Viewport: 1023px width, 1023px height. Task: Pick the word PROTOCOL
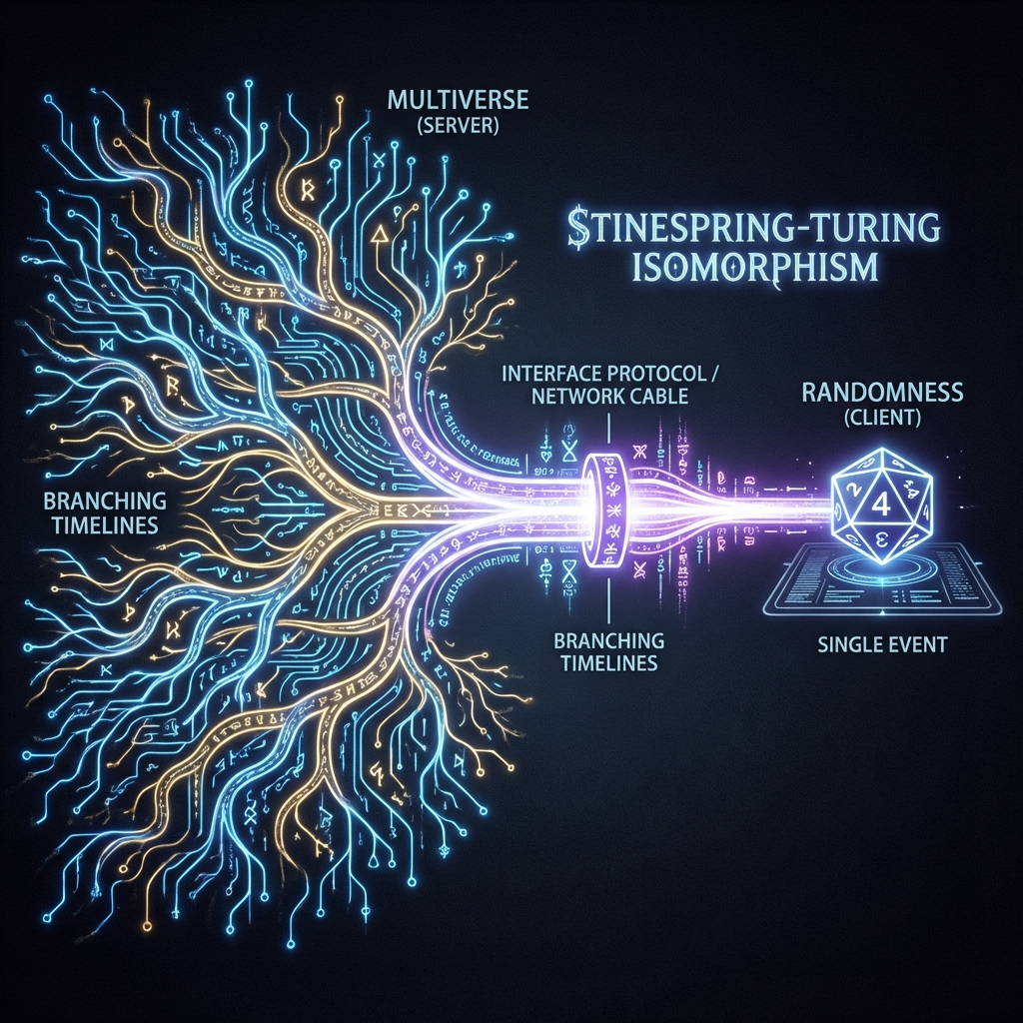coord(662,375)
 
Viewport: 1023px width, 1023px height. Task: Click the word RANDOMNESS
coord(882,393)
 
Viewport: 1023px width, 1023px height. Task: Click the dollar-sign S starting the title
coord(574,231)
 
